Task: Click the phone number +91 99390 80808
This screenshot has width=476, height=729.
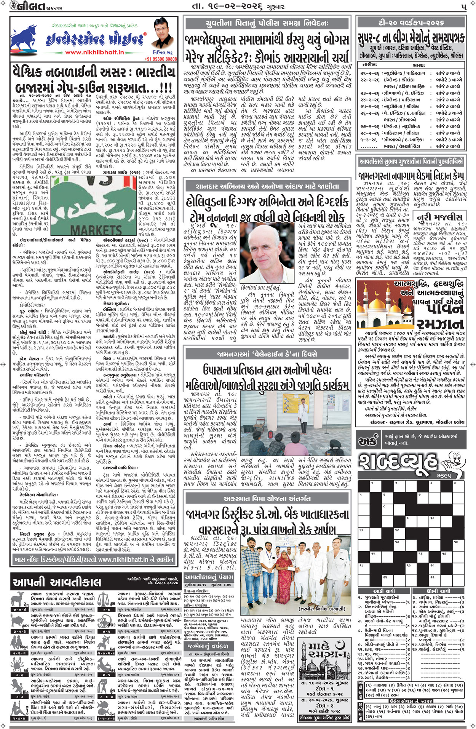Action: tap(161, 59)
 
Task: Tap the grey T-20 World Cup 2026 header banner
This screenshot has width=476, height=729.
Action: tap(411, 22)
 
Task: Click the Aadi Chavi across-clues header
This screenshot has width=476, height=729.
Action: tap(384, 591)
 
